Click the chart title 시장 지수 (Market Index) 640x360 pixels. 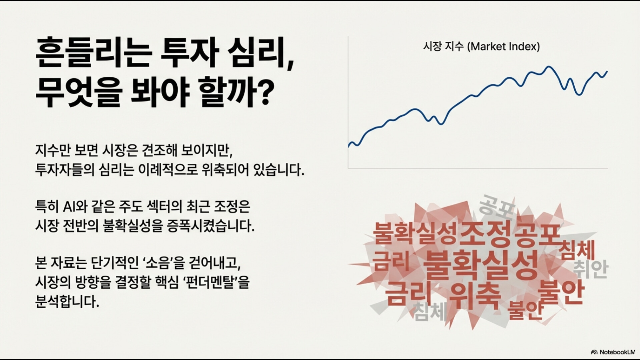pos(481,46)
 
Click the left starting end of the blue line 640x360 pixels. pos(349,146)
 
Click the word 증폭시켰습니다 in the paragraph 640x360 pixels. pos(210,226)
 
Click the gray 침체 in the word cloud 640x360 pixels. pos(430,311)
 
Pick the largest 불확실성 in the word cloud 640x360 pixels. pos(481,265)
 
